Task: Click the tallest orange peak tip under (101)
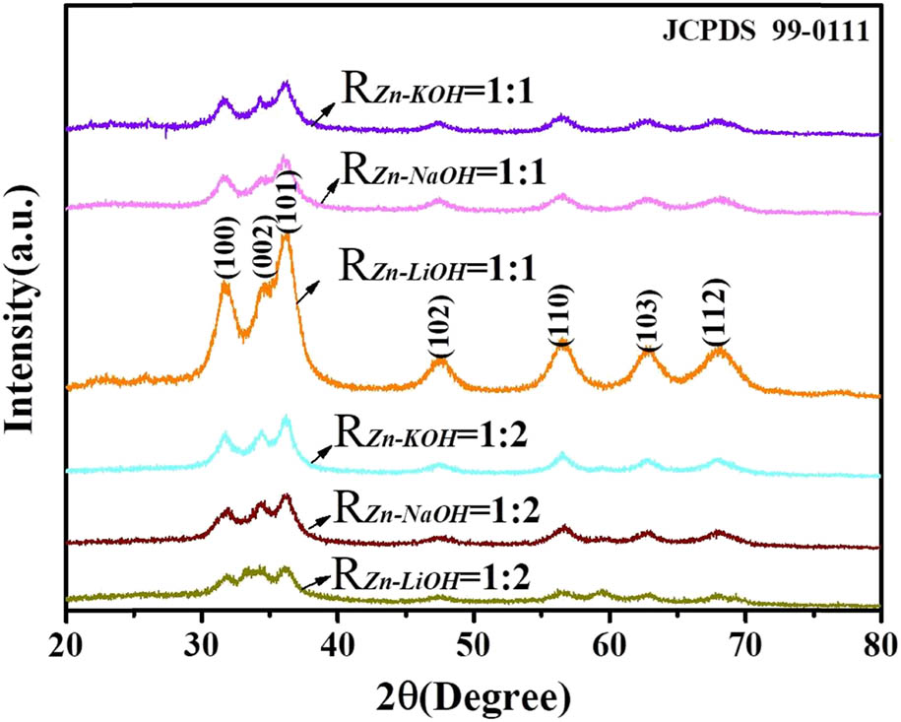coord(286,235)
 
